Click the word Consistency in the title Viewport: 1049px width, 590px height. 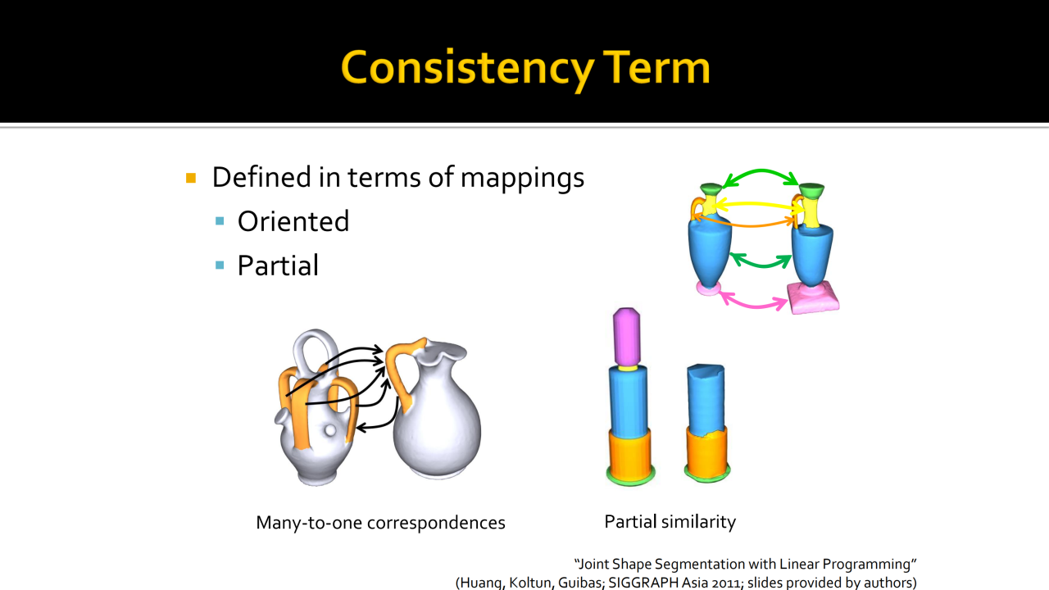point(467,69)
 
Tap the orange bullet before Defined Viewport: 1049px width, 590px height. point(191,178)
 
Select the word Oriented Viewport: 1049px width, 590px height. point(293,221)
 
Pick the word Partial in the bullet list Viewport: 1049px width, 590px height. point(278,265)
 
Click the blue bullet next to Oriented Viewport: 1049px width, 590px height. point(220,221)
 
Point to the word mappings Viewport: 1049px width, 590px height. point(522,179)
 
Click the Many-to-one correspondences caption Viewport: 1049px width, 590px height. point(380,523)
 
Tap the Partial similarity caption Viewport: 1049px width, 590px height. point(670,522)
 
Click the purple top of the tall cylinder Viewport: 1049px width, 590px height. point(627,336)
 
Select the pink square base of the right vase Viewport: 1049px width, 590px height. point(814,298)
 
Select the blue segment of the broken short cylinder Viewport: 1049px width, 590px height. point(706,399)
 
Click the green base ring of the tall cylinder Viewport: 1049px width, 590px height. point(630,479)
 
